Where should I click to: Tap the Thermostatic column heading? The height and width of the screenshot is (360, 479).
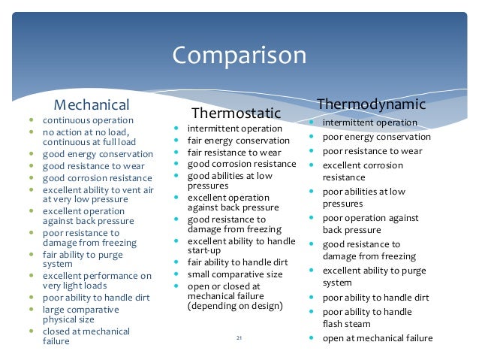[x=236, y=113]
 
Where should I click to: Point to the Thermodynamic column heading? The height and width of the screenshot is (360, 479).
[x=372, y=102]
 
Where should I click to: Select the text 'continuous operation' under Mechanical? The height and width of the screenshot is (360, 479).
[x=87, y=120]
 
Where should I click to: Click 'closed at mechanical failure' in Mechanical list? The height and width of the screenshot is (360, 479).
[x=85, y=336]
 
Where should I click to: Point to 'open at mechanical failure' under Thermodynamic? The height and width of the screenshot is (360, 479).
[x=377, y=338]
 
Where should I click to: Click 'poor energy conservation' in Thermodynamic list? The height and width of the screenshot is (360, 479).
[x=376, y=137]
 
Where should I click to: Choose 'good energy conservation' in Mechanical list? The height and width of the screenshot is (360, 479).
[x=97, y=155]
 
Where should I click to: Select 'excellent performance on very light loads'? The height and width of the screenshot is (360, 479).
[x=96, y=281]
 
